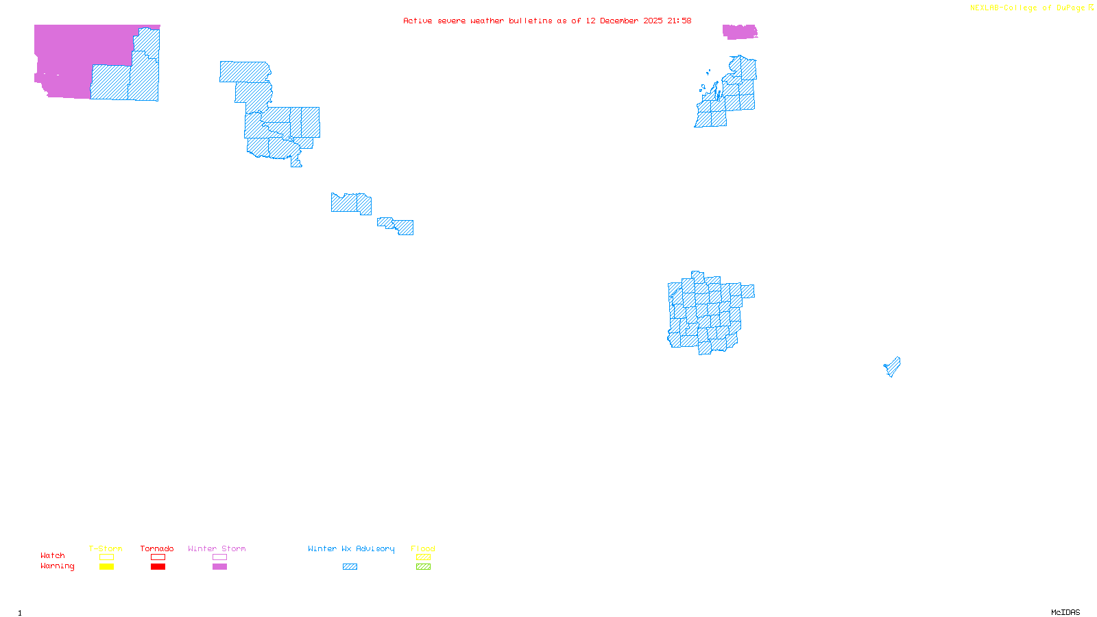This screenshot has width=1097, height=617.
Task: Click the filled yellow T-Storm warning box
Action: [106, 567]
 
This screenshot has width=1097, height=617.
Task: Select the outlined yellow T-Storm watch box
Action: [106, 557]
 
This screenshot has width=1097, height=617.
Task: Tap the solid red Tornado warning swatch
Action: [158, 567]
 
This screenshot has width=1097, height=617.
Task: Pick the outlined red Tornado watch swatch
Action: [158, 557]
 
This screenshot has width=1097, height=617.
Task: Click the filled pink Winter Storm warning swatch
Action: [219, 567]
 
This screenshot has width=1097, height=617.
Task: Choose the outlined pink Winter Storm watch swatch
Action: [219, 557]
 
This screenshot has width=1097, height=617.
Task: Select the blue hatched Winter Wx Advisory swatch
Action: [350, 567]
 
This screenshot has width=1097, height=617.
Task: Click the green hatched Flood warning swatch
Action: [423, 567]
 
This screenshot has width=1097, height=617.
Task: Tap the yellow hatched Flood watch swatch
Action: [423, 557]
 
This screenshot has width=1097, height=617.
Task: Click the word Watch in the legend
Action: [53, 555]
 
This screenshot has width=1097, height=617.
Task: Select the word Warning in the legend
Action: [57, 566]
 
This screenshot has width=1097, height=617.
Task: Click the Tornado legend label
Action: [157, 548]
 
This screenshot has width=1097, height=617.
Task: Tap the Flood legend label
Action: [423, 548]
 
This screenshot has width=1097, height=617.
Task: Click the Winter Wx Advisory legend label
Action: [351, 548]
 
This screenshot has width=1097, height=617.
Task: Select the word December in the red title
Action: [619, 21]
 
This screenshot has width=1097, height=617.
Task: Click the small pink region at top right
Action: [739, 32]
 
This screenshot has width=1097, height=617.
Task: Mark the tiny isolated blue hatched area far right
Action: [893, 367]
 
